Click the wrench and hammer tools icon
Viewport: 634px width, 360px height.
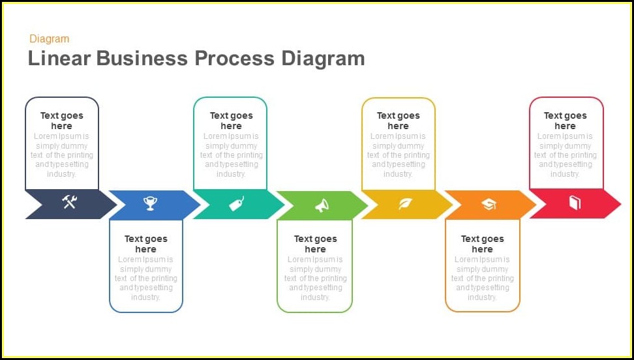[70, 202]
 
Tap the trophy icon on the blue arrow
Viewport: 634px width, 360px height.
[151, 204]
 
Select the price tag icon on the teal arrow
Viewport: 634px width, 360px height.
[236, 204]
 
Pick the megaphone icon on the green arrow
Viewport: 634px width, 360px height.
[322, 205]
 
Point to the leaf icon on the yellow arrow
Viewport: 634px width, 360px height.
[405, 204]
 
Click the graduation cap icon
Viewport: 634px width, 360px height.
[489, 205]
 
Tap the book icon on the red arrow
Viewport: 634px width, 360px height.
[574, 203]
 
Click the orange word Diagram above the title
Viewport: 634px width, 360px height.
[50, 39]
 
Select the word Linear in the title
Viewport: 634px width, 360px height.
[59, 59]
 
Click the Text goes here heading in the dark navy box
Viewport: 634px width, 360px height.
[62, 121]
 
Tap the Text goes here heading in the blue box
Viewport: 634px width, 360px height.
[146, 244]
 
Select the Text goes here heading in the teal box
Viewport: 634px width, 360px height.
[231, 121]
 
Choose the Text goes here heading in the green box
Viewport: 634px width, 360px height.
[315, 244]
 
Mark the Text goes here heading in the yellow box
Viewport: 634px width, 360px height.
[398, 121]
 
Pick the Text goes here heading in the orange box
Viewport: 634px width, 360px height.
[482, 244]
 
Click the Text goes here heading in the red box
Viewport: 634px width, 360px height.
[566, 121]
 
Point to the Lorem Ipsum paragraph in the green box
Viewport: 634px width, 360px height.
[315, 278]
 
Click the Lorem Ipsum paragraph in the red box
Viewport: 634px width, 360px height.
[566, 155]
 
